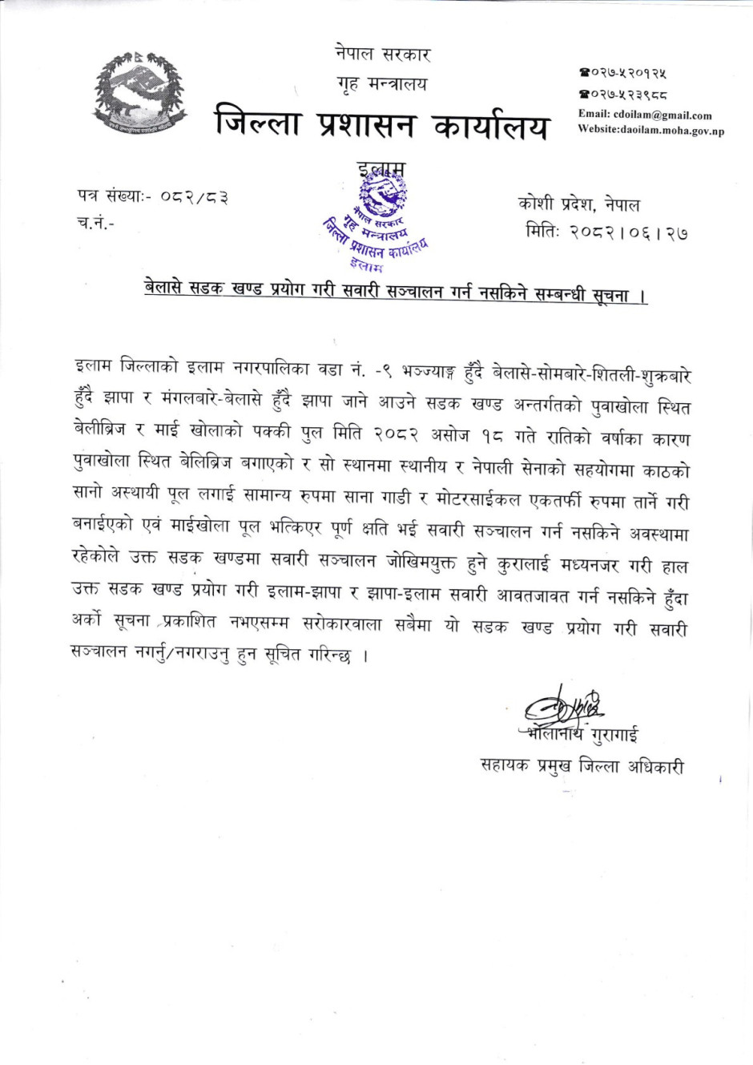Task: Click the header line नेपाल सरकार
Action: coord(382,54)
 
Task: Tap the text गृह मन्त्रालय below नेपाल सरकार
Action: coord(382,84)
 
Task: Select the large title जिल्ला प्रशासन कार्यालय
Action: coord(382,126)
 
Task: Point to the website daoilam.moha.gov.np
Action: coord(672,130)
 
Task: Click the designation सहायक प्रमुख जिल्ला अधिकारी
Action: coord(582,766)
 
